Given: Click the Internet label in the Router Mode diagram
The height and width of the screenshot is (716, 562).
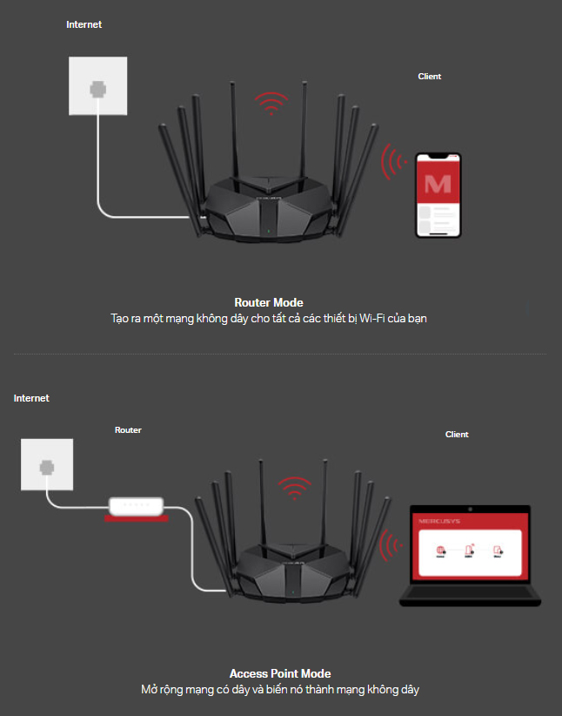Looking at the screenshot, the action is [x=84, y=24].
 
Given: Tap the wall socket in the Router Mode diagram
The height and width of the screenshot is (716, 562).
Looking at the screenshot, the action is [x=97, y=86].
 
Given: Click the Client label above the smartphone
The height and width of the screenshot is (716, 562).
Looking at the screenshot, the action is [x=430, y=77].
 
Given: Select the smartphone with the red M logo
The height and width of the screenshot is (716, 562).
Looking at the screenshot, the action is [x=438, y=195].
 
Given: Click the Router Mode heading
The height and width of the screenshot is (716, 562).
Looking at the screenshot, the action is [x=269, y=303].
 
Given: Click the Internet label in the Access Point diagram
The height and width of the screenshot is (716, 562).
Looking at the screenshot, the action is [x=31, y=398].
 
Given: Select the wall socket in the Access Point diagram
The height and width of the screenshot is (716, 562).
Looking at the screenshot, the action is [x=45, y=467].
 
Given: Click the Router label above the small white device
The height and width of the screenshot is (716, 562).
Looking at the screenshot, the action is [x=128, y=430].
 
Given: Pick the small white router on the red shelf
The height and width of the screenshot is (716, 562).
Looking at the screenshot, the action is [x=136, y=505].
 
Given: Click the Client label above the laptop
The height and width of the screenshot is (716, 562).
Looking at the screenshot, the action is [x=457, y=435].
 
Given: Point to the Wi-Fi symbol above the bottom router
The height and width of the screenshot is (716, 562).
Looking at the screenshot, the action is [x=295, y=488].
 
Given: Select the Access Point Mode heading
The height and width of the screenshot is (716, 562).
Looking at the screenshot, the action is [x=280, y=673].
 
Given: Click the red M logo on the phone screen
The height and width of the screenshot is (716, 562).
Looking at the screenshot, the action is [x=438, y=183].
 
